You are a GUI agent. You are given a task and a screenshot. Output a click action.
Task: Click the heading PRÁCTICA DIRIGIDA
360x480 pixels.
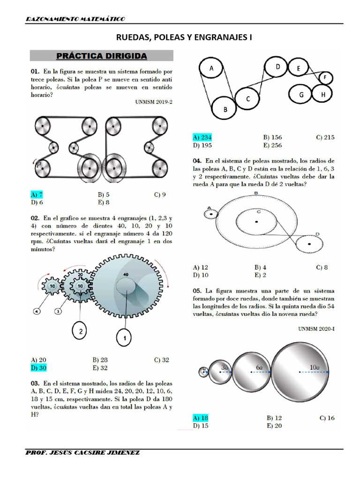[102, 56]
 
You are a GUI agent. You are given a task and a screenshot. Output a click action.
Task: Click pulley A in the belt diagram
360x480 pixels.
[211, 69]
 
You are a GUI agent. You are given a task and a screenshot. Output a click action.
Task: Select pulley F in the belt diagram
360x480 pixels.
[326, 77]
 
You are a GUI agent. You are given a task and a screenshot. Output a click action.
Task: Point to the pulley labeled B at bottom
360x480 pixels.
[225, 109]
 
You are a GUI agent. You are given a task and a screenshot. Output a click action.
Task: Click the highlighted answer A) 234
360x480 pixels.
[202, 137]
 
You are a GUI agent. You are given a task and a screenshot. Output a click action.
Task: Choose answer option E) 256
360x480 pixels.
[272, 145]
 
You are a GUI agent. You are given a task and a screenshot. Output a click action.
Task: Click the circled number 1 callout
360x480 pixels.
[125, 337]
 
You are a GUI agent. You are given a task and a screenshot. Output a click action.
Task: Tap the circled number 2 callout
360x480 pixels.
[81, 331]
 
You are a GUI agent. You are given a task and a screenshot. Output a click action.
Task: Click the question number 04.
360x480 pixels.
[197, 160]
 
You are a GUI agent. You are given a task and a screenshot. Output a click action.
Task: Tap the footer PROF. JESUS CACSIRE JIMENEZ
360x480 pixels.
[82, 452]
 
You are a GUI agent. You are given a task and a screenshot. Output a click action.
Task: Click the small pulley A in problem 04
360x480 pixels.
[211, 214]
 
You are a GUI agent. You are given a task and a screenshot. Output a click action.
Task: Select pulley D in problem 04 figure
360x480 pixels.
[309, 243]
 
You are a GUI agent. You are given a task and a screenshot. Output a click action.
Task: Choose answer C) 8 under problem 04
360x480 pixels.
[322, 267]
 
